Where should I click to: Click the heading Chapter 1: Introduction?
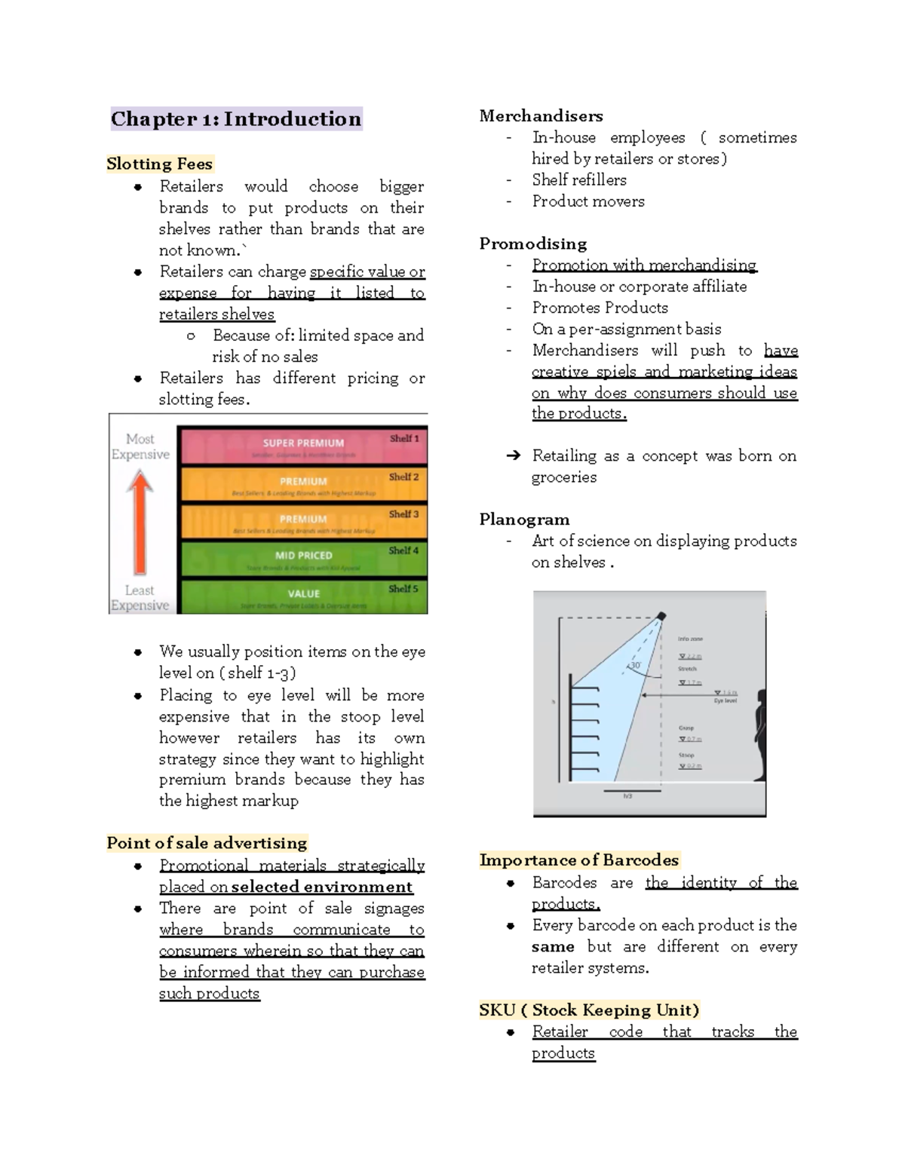coord(236,119)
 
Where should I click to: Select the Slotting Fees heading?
coord(159,164)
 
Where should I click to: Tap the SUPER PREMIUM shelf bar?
coord(302,444)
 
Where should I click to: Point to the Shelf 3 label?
coord(403,514)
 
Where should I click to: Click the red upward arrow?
coord(140,521)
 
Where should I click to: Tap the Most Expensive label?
coord(140,446)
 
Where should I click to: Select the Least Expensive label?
coord(140,597)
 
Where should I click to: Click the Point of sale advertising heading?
coord(207,843)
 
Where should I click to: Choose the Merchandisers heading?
coord(541,116)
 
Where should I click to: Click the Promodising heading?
coord(532,244)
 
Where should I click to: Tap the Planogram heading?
coord(524,520)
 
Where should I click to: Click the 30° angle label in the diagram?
coord(635,666)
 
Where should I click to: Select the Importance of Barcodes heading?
coord(578,860)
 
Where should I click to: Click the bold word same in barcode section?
coord(553,947)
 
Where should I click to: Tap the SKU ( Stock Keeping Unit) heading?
coord(589,1010)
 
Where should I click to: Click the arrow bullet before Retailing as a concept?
coord(513,455)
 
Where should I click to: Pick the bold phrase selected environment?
coord(322,887)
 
